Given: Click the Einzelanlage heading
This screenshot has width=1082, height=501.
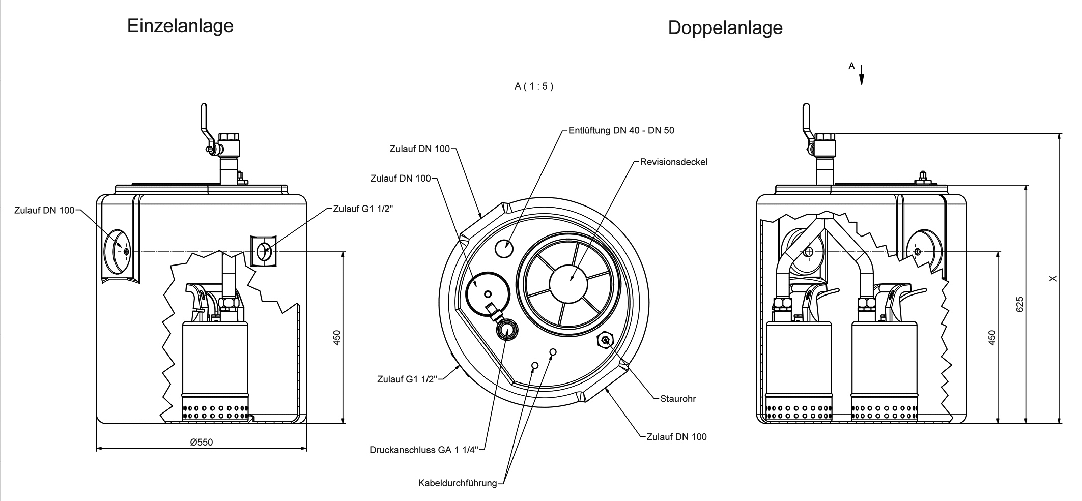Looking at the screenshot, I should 180,26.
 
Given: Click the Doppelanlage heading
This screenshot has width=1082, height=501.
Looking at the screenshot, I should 725,27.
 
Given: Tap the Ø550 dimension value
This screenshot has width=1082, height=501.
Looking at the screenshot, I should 202,442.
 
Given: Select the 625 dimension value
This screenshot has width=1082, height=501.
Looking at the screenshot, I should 1019,304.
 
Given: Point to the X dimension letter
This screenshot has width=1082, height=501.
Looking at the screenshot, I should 1053,278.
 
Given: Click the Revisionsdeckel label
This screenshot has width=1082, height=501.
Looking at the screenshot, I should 673,162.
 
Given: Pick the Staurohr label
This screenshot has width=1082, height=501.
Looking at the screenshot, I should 677,398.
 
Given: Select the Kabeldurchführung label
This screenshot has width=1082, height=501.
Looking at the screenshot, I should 457,483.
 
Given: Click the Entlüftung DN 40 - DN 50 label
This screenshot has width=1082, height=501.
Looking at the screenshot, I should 621,130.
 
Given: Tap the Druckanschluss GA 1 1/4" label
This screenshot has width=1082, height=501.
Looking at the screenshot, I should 424,450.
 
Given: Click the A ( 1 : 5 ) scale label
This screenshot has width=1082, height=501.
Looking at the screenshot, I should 533,86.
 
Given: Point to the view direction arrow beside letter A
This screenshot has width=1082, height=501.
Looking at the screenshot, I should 862,75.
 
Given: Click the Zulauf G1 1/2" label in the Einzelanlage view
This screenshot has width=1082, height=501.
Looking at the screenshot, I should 363,209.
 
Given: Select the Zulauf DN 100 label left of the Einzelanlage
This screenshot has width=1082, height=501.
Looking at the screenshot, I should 44,210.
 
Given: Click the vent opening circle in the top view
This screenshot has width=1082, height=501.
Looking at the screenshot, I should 504,249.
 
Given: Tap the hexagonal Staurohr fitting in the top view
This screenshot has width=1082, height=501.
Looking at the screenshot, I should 605,340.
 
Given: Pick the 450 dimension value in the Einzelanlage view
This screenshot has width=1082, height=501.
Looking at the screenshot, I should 336,338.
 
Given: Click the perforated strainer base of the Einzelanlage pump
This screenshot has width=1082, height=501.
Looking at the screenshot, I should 215,411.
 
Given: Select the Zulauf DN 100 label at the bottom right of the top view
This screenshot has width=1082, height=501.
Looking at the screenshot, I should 676,436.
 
